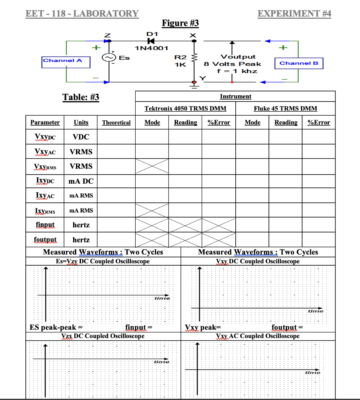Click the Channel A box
(66, 61)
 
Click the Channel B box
(299, 63)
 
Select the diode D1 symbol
(150, 40)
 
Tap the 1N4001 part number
(151, 48)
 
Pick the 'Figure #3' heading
(180, 23)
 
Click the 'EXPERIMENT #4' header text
(294, 14)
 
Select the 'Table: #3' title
(81, 97)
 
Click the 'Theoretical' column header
(116, 123)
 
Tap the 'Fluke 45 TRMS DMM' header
(285, 109)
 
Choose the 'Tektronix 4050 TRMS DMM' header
(185, 109)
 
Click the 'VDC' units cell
(81, 137)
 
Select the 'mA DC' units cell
(81, 181)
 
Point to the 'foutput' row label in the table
(45, 239)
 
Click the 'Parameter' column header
(45, 123)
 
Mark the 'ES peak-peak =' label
(56, 327)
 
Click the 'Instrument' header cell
(235, 96)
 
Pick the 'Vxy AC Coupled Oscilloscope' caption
(258, 336)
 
